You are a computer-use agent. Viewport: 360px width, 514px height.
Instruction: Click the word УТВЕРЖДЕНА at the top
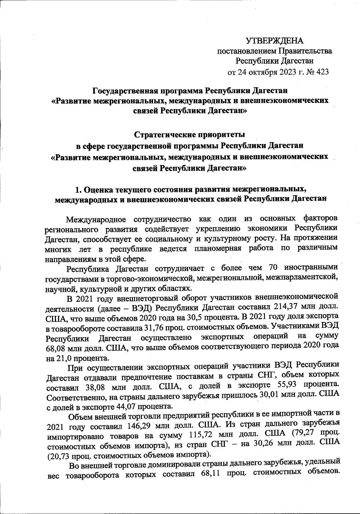(x=274, y=41)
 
